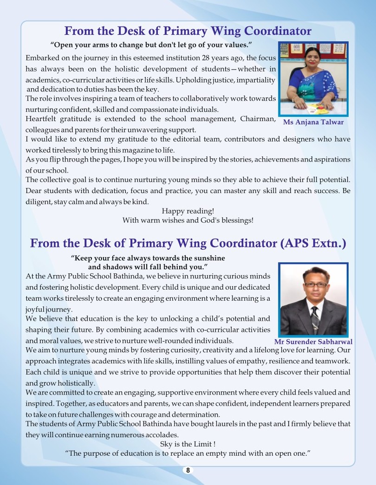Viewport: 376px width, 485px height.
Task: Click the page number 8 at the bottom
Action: tap(188, 470)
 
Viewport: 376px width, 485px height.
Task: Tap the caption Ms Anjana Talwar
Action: tap(313, 122)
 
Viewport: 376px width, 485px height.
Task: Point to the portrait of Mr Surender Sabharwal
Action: tap(313, 299)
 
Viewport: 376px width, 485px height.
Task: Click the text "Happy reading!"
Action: tap(188, 211)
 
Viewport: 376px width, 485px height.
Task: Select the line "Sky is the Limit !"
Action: tap(188, 444)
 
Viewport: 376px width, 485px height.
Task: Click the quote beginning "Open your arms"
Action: tap(151, 45)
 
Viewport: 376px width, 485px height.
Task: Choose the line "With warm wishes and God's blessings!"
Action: tap(188, 220)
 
